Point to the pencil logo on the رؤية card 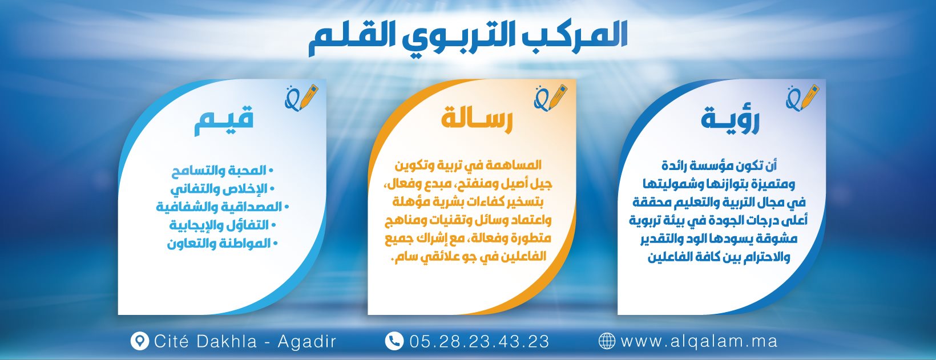[x=802, y=98]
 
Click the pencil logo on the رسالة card [x=550, y=98]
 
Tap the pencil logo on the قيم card [x=301, y=98]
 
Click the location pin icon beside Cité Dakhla [x=139, y=341]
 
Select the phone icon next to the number [x=394, y=341]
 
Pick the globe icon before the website [x=606, y=341]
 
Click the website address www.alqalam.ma [x=699, y=341]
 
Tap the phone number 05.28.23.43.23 [x=479, y=341]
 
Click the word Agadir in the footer [x=306, y=342]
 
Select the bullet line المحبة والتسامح [x=223, y=171]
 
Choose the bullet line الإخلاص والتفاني [x=223, y=189]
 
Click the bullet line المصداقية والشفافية [x=223, y=207]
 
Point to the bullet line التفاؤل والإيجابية [x=223, y=225]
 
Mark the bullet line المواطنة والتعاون [x=223, y=244]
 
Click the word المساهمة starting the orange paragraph [x=517, y=165]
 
